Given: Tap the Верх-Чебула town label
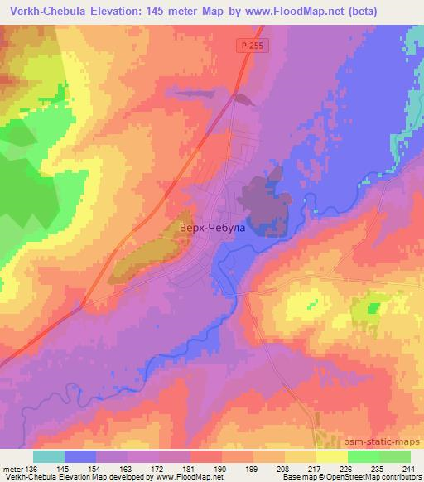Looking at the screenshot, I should [212, 226].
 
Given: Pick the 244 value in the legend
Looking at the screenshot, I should [409, 468].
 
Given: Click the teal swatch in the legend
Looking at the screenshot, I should [49, 456].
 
